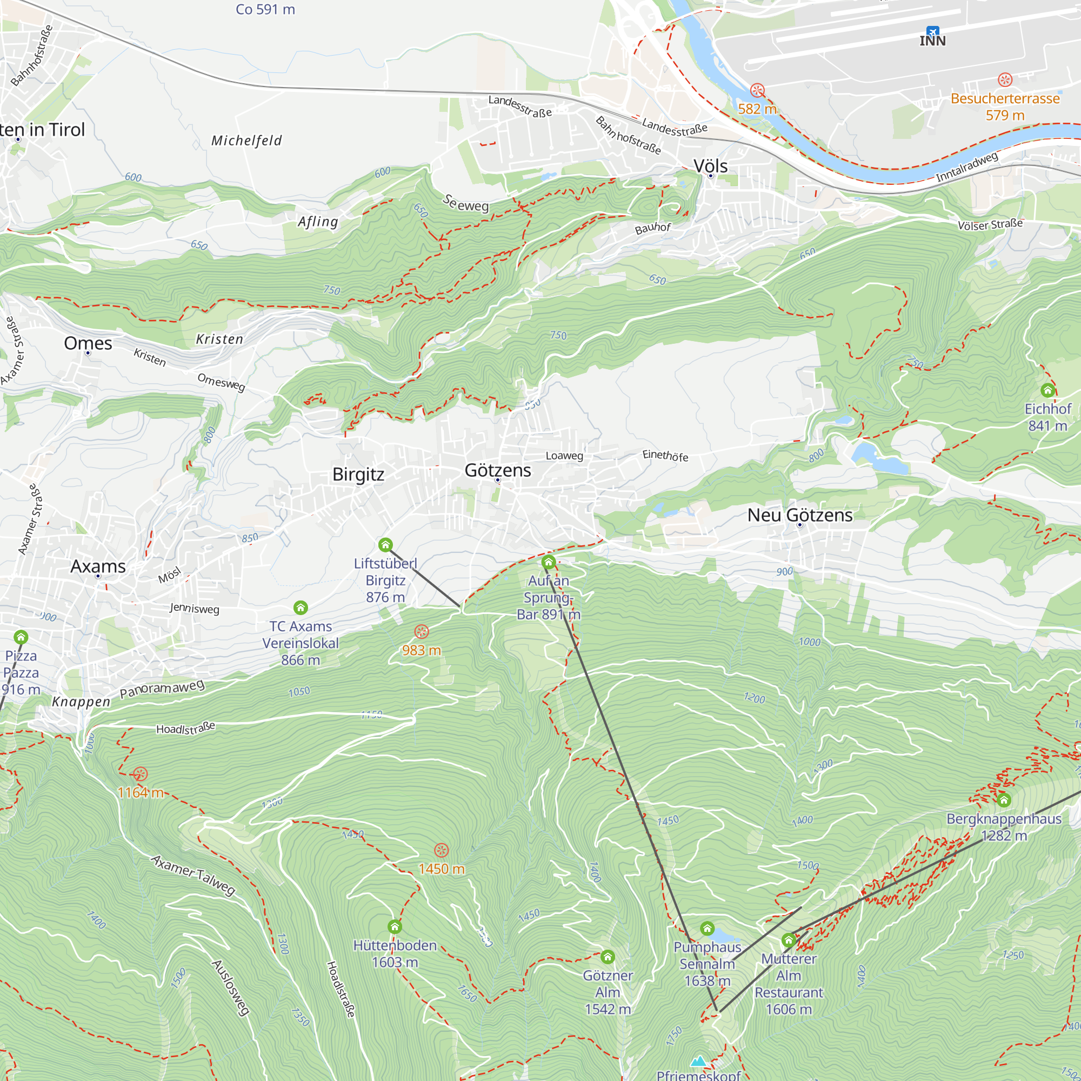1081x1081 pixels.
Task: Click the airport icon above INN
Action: (x=932, y=31)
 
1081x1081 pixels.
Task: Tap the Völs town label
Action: (x=711, y=165)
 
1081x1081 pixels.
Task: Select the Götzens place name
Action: (x=497, y=470)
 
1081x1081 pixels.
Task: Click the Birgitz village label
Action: (x=358, y=474)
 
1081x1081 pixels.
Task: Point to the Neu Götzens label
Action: (x=799, y=515)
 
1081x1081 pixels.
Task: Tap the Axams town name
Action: (x=98, y=566)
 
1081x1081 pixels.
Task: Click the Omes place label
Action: (x=88, y=343)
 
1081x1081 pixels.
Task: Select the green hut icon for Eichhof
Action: (x=1047, y=390)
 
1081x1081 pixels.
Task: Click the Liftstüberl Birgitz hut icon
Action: (x=385, y=544)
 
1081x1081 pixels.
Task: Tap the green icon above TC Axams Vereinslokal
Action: (x=301, y=608)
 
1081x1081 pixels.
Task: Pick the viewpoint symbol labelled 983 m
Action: (x=422, y=632)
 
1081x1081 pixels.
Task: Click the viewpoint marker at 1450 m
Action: (x=442, y=850)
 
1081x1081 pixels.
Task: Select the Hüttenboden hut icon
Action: (x=395, y=926)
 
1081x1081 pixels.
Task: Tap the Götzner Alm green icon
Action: (x=608, y=957)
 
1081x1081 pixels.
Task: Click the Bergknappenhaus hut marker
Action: (x=1004, y=800)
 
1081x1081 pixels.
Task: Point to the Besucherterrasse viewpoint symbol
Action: (x=1005, y=79)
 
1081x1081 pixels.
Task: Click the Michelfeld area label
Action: (x=246, y=141)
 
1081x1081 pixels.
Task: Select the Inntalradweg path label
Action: (x=967, y=166)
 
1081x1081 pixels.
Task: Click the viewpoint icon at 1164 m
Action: (x=140, y=775)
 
